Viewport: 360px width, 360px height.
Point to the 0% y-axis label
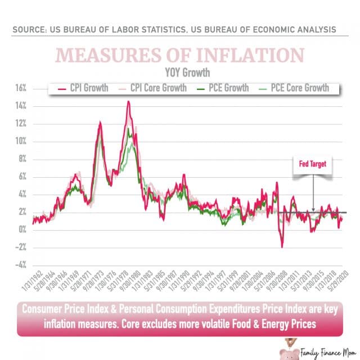[21, 229]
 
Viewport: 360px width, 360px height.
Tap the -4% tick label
[20, 265]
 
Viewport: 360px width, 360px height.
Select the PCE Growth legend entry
[223, 88]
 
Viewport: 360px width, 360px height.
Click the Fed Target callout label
[313, 165]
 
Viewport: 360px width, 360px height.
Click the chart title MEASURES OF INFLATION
[179, 55]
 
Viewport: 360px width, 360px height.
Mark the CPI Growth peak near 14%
[128, 102]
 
